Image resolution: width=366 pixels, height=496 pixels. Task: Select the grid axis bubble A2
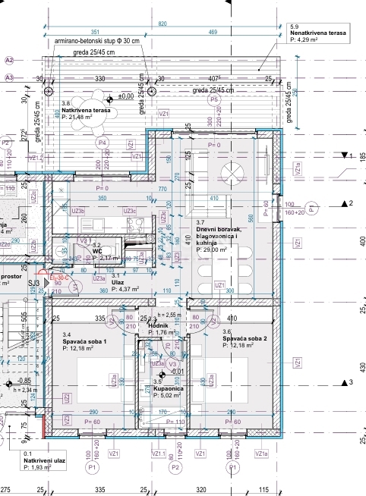click(x=9, y=59)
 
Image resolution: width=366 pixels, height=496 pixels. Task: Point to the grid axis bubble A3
click(x=9, y=77)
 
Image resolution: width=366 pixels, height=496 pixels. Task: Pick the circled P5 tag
click(x=214, y=99)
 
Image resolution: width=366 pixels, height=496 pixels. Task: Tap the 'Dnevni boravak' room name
click(x=219, y=229)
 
